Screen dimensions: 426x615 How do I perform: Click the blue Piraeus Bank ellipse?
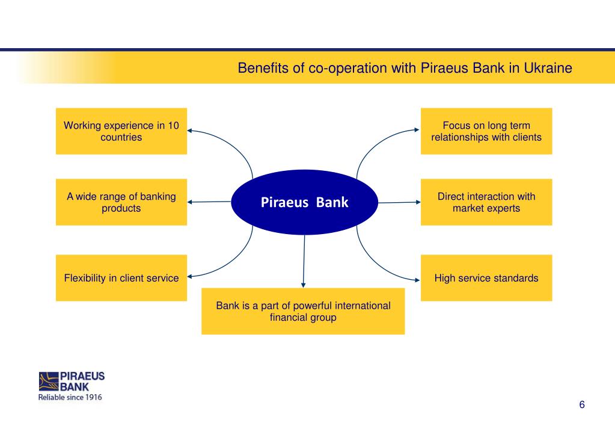pos(304,202)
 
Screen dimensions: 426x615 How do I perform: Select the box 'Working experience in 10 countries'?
pos(121,131)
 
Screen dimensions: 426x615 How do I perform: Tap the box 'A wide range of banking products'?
pos(121,202)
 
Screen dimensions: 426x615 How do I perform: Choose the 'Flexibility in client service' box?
pos(121,278)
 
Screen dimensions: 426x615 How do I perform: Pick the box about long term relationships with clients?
pos(486,131)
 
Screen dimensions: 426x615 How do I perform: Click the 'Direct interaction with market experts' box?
pos(486,202)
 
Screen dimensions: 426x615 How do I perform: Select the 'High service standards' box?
pos(486,278)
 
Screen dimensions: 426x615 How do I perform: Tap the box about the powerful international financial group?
pos(303,312)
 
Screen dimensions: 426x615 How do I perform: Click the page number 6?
pos(582,404)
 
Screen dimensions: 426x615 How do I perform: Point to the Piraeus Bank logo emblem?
pos(49,381)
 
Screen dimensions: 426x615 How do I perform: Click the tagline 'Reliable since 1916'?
pos(70,397)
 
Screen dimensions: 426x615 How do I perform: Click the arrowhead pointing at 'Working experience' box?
pos(191,129)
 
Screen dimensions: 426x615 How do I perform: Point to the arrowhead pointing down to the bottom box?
pos(304,285)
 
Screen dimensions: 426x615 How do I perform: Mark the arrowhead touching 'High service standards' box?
pos(417,279)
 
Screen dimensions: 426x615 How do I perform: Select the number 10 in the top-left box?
pos(173,126)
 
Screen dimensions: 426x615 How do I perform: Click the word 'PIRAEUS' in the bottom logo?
pos(83,376)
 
